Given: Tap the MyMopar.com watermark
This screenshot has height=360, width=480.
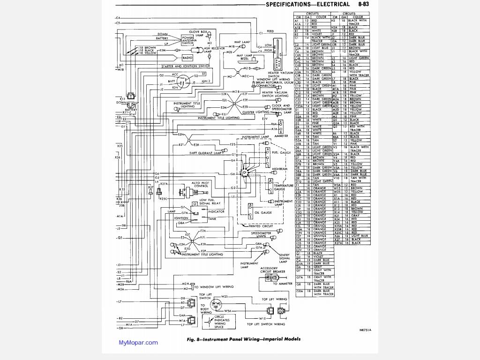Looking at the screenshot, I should pyautogui.click(x=138, y=343).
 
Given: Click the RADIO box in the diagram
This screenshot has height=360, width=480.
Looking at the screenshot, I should pyautogui.click(x=188, y=58).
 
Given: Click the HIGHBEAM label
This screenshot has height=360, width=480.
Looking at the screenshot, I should pyautogui.click(x=280, y=168).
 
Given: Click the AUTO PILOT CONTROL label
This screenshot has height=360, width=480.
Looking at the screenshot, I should pyautogui.click(x=200, y=184).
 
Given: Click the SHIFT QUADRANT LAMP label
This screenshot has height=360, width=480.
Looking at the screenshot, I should pyautogui.click(x=204, y=153).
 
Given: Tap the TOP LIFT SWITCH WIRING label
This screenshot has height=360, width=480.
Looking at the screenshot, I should pyautogui.click(x=266, y=324).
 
